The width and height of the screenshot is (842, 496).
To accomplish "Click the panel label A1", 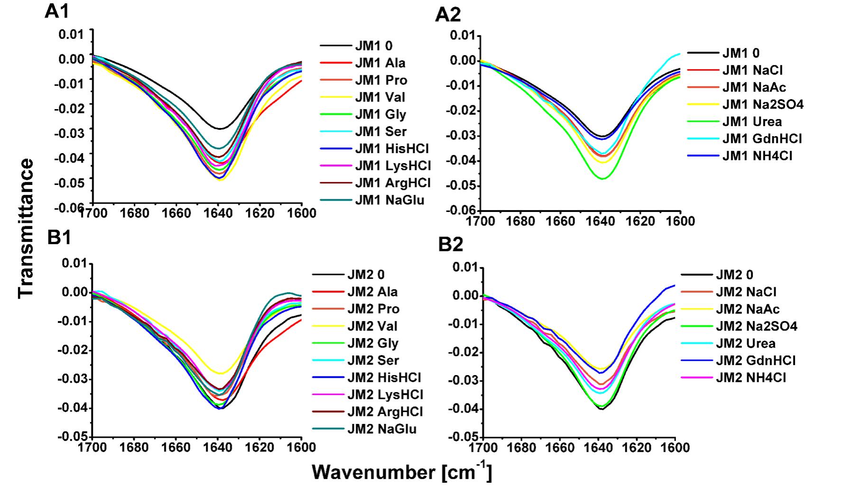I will click(x=57, y=11).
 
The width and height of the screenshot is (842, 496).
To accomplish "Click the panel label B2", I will click(x=450, y=245).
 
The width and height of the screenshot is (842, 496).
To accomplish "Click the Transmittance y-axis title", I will click(x=26, y=228).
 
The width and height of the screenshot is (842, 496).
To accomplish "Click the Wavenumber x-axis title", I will click(x=401, y=472).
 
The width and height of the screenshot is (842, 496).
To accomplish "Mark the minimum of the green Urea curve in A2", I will click(x=602, y=179).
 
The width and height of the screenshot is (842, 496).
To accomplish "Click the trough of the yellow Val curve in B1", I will click(x=220, y=373).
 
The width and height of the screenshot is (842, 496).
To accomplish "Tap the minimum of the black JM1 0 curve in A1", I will click(x=220, y=129).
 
